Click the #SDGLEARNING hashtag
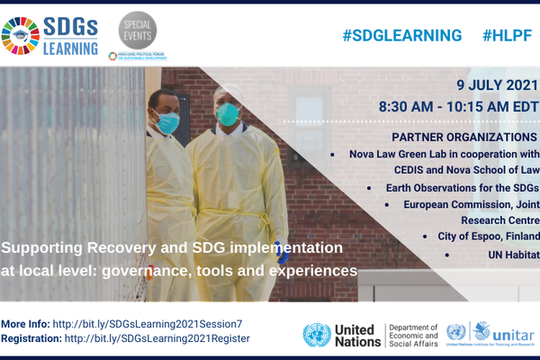tap(401, 35)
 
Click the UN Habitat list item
tap(511, 256)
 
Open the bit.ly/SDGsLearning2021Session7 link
tap(148, 323)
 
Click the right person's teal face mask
tap(227, 113)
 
